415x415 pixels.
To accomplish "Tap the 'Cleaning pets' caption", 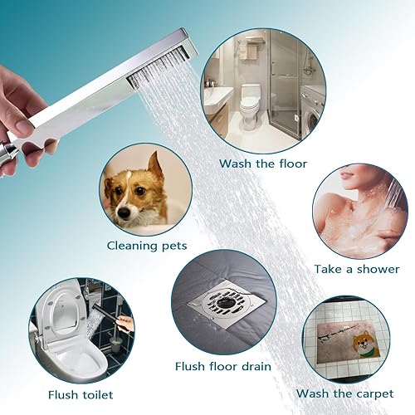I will tap(146, 245).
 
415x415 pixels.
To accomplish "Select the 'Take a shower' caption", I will tap(356, 269).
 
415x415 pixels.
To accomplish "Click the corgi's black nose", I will tap(125, 212).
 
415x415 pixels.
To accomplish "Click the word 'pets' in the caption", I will tap(172, 246).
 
